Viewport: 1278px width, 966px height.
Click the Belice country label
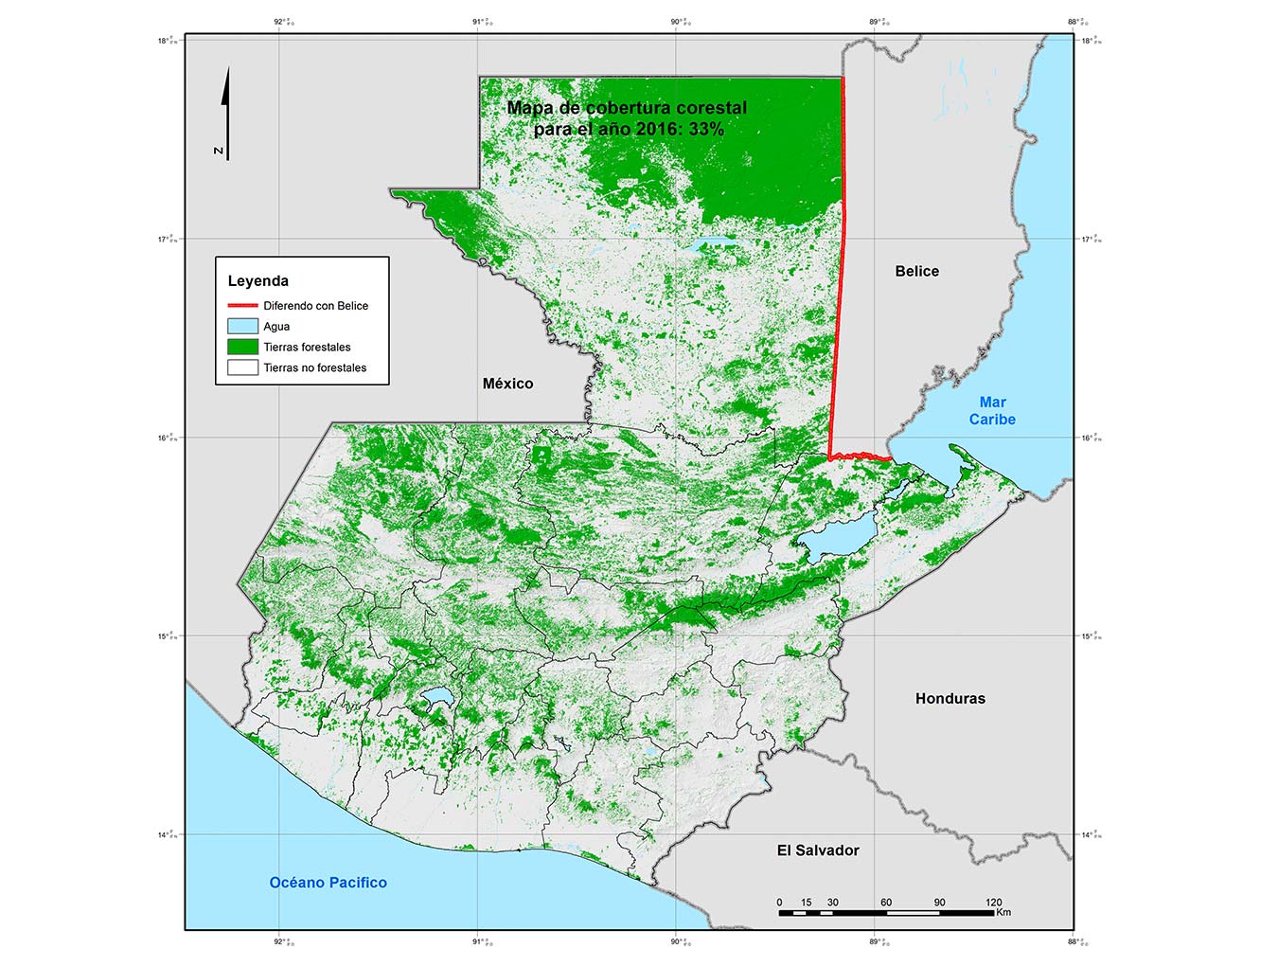click(916, 271)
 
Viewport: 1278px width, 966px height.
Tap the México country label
click(507, 384)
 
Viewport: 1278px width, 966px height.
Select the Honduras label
click(950, 698)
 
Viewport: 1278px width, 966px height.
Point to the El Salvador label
click(818, 850)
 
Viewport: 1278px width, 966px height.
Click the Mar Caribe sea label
click(992, 411)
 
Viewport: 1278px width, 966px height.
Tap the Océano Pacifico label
click(328, 883)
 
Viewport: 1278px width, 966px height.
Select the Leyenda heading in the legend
click(257, 280)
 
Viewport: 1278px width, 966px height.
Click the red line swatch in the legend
click(242, 306)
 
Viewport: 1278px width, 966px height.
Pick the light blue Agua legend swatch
click(242, 326)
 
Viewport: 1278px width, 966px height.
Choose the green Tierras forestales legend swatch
click(242, 347)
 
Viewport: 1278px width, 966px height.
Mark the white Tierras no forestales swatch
click(242, 367)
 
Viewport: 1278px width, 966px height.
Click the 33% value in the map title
click(706, 129)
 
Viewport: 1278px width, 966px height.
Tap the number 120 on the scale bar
click(993, 903)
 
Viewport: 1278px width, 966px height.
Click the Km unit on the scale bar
click(1003, 913)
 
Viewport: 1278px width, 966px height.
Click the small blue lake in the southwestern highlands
click(437, 699)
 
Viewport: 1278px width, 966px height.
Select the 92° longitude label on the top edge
click(281, 22)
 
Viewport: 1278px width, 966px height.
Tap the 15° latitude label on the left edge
click(167, 636)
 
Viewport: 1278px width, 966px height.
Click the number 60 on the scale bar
click(886, 903)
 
